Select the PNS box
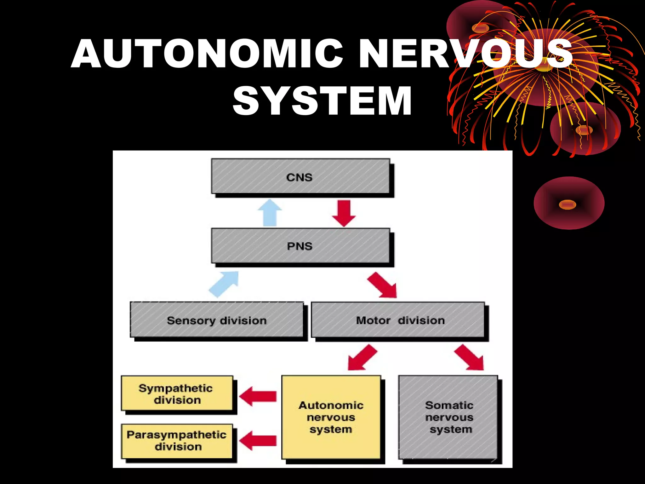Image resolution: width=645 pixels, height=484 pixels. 300,246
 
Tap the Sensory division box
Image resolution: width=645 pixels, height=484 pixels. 217,320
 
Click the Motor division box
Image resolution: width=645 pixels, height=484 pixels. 398,320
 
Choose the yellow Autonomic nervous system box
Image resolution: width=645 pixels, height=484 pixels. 331,417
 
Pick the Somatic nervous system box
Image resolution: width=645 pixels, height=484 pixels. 448,417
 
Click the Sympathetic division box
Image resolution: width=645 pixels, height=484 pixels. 177,393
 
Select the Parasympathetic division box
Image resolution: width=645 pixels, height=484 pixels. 177,441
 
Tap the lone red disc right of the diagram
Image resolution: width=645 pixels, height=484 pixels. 569,203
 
